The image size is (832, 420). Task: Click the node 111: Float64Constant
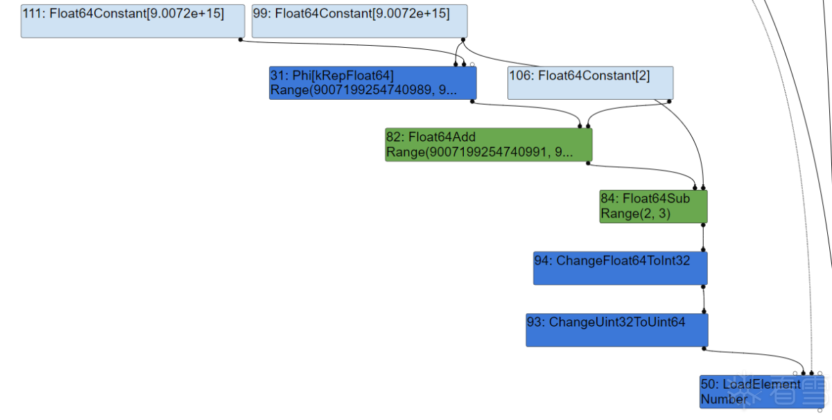point(132,21)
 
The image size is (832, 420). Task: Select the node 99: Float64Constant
point(360,21)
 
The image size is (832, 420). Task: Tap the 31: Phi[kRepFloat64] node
point(373,82)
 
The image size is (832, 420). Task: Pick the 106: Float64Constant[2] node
point(591,82)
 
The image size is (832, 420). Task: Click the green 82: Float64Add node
point(489,144)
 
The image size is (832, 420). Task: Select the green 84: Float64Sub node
point(654,207)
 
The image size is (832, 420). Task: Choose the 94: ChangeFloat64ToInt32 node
point(621,268)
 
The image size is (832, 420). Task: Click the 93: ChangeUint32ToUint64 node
point(617,330)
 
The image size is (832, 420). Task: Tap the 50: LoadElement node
point(762,392)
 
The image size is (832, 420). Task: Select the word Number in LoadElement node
point(724,399)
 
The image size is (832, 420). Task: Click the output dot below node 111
point(241,40)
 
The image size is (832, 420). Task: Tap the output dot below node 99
point(463,40)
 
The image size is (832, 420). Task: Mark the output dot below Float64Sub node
point(703,225)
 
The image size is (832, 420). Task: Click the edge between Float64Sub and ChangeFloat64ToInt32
point(703,238)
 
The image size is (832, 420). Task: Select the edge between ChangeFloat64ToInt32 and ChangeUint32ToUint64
point(704,299)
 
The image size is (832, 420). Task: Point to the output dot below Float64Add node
point(588,164)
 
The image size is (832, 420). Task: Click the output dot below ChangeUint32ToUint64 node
point(704,349)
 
